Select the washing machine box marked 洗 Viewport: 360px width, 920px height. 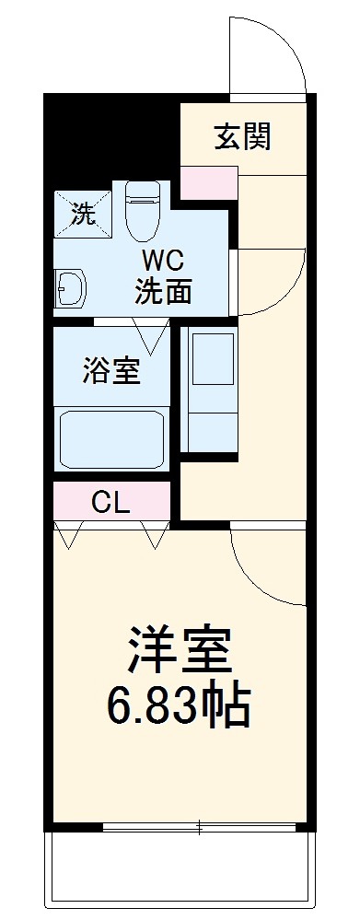click(x=82, y=215)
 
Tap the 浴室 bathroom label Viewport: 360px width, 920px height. click(x=110, y=371)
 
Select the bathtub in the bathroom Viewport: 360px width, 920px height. click(x=111, y=439)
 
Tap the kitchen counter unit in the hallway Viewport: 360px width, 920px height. click(x=212, y=387)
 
